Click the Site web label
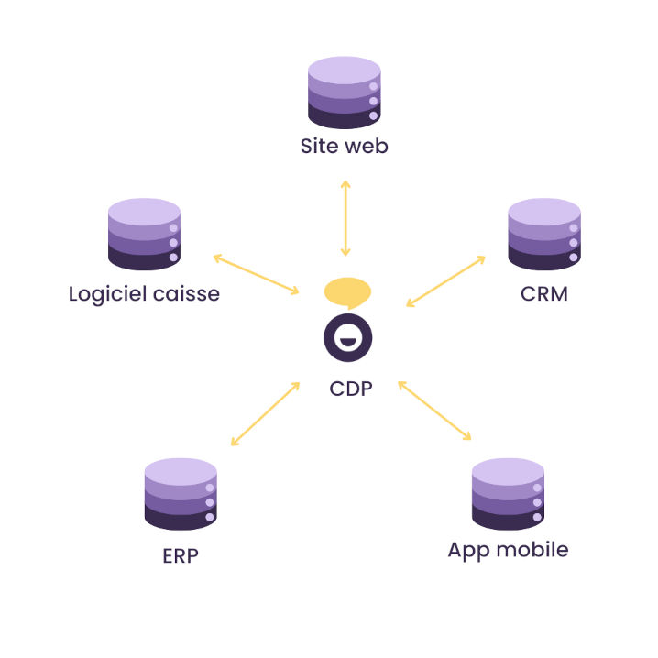point(344,146)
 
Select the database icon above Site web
point(344,92)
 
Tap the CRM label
point(543,295)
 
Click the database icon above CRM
point(543,235)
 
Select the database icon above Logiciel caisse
point(144,235)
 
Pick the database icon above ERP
point(181,494)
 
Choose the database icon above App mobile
point(508,494)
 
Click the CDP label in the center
point(351,389)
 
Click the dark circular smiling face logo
point(347,338)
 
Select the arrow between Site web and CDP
point(345,218)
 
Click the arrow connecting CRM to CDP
point(445,281)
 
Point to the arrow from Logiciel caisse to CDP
point(256,274)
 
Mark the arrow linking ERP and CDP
point(266,414)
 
